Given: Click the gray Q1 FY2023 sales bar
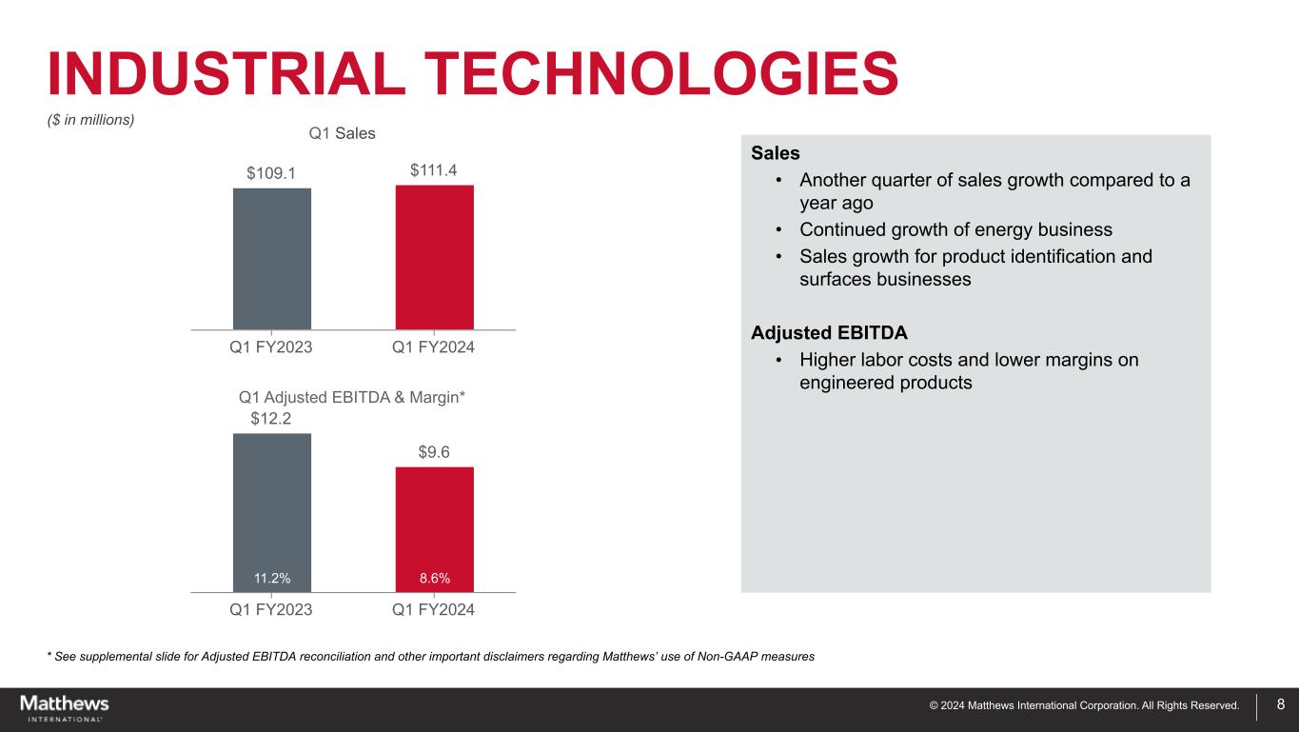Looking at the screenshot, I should tap(271, 258).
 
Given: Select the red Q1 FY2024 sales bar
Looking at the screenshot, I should tap(434, 256).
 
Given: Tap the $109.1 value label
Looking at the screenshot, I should tap(271, 173).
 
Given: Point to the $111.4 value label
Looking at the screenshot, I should tap(434, 170).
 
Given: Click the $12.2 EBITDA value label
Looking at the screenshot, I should tap(271, 418).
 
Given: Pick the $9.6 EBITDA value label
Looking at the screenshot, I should tap(434, 452).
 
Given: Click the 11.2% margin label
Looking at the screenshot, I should tap(271, 578).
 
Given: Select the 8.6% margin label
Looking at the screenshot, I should tap(434, 578).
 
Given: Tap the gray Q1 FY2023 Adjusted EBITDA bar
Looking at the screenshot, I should tap(271, 504).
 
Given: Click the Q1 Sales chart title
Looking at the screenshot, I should tap(343, 133).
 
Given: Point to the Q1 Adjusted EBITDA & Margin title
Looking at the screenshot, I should tap(352, 396).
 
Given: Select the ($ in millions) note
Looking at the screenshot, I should tap(91, 120).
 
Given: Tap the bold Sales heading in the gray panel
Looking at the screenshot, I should tap(775, 153).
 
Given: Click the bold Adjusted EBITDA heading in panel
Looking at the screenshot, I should tap(829, 334).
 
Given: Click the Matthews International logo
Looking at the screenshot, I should tap(65, 708).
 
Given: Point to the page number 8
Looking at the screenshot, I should tap(1280, 705).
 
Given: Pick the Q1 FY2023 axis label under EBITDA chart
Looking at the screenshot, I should tap(271, 609).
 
